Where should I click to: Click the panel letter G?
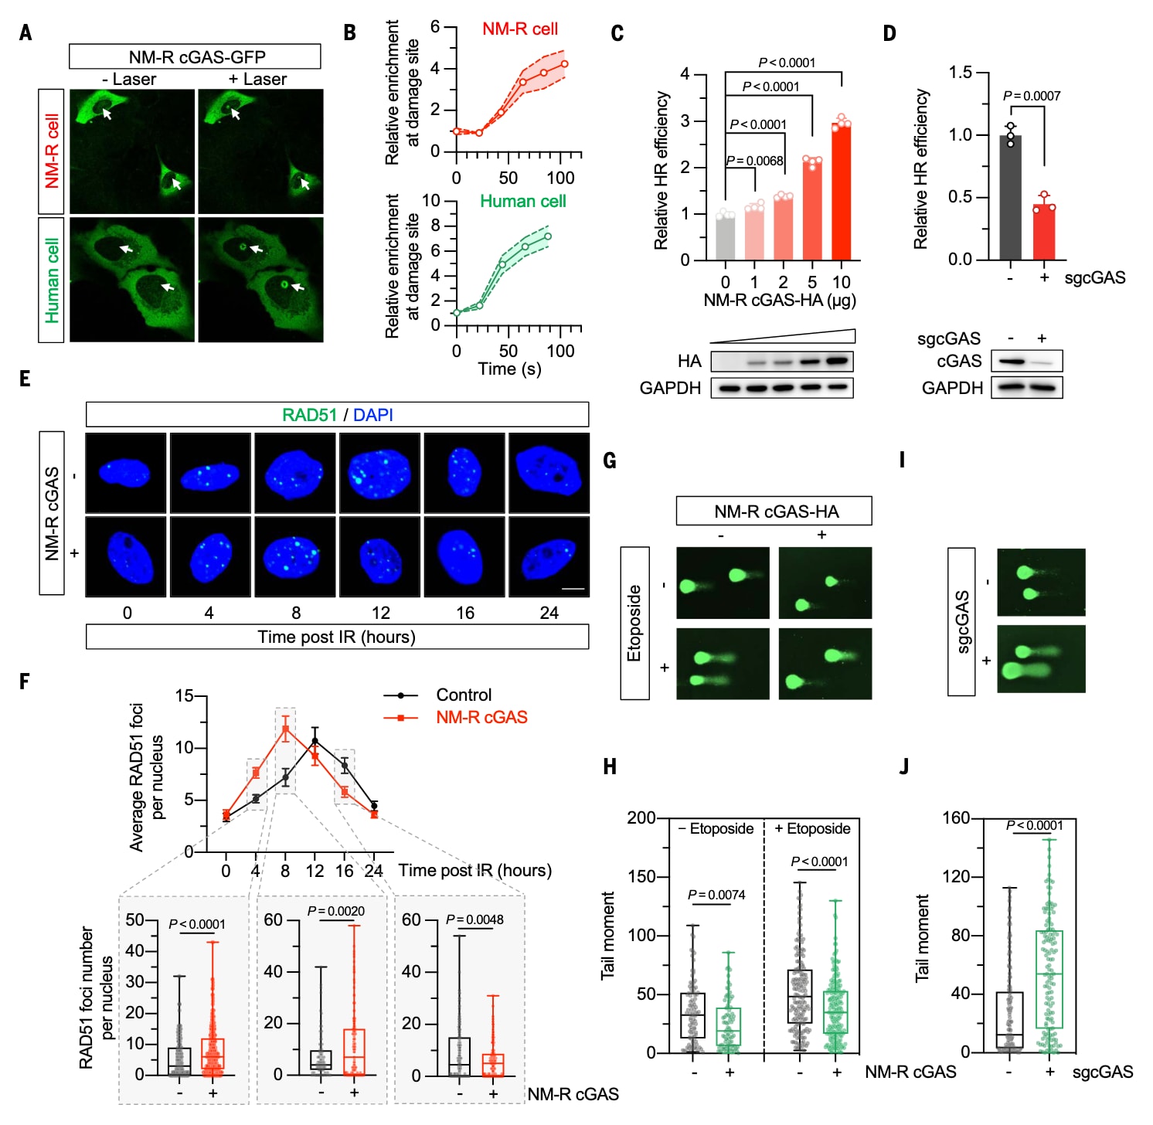tap(610, 461)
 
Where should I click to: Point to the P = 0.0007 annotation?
tap(1032, 96)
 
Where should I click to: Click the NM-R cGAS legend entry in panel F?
tap(481, 718)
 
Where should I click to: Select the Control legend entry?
tap(463, 695)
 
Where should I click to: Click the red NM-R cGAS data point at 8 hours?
tap(285, 729)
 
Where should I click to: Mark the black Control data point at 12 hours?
tap(315, 741)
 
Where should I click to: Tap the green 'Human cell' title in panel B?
tap(523, 202)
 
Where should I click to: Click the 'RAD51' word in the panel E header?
tap(309, 415)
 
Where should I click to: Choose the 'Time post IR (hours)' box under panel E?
tap(337, 637)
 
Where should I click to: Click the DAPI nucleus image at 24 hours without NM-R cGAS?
tap(549, 472)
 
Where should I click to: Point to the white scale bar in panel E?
tap(573, 589)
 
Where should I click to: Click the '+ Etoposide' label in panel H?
tap(812, 829)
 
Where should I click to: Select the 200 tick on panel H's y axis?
tap(641, 817)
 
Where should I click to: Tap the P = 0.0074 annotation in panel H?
tap(716, 895)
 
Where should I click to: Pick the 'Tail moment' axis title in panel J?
tap(922, 938)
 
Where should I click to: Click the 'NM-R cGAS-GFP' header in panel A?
tap(196, 57)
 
